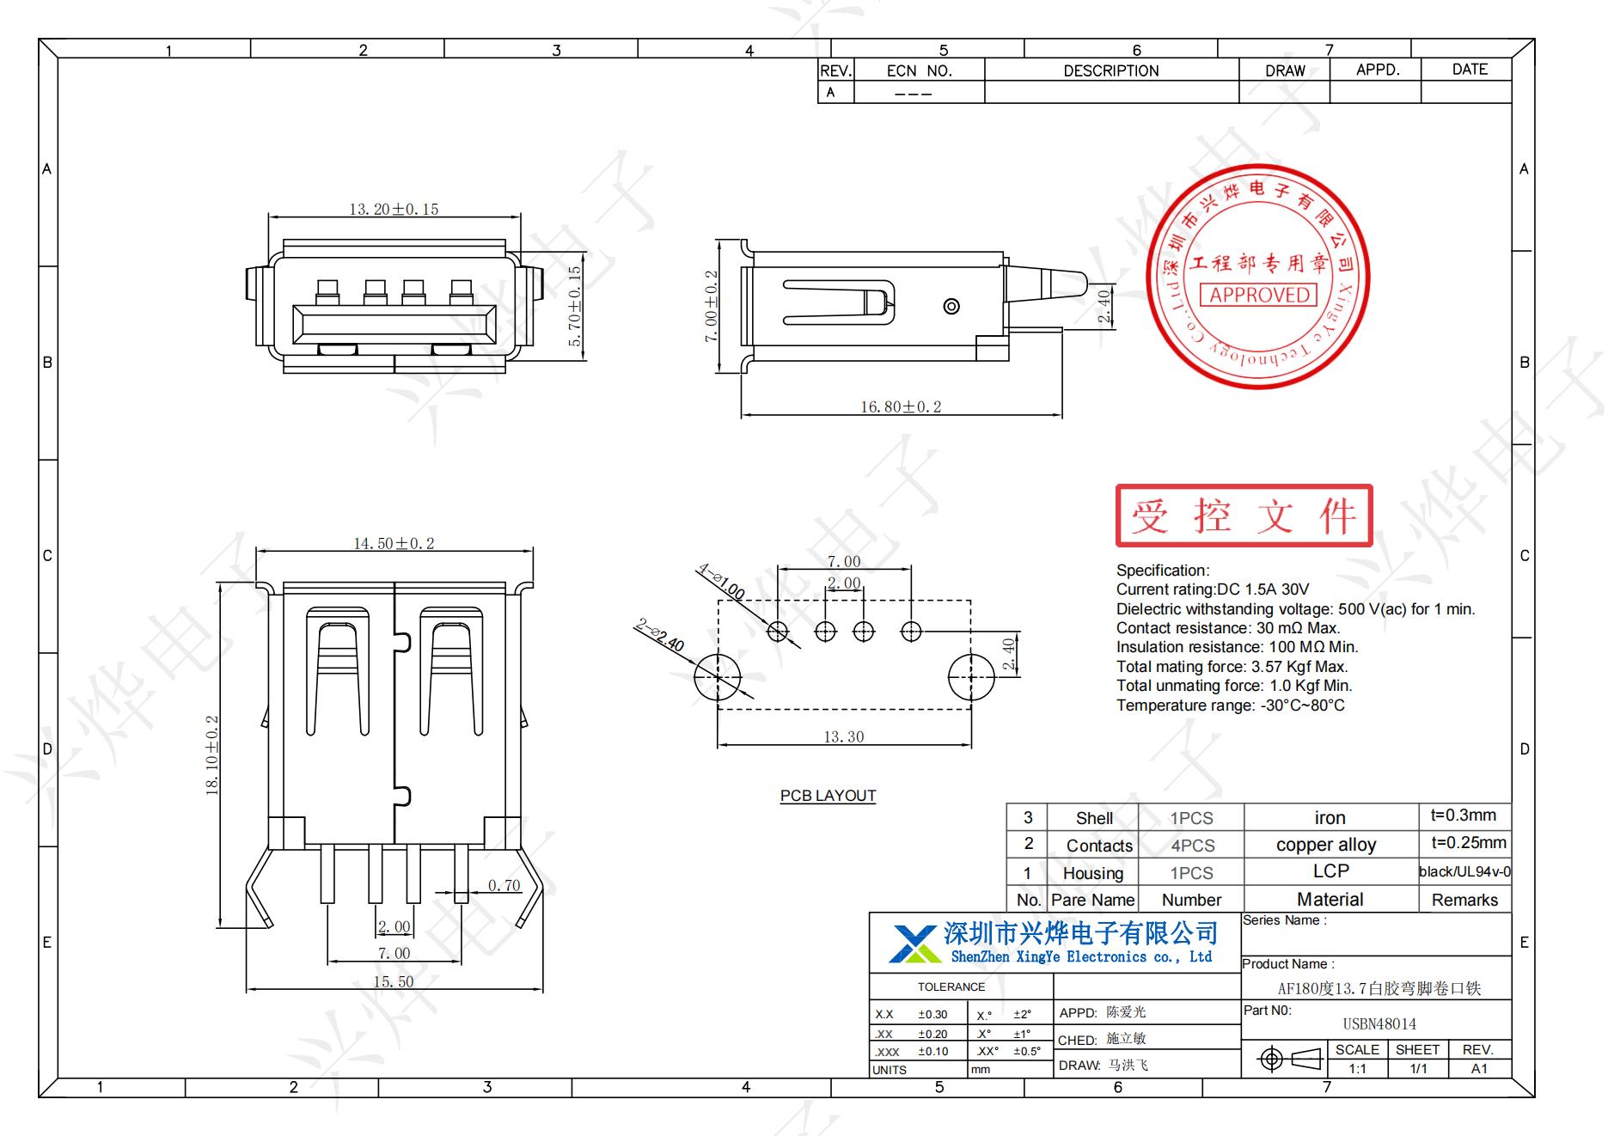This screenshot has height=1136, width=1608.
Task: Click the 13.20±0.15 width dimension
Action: [394, 209]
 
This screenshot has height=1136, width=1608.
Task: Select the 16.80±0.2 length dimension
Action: [901, 406]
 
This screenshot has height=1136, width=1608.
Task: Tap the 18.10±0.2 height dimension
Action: [212, 755]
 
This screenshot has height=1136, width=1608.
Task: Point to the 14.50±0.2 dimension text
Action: [394, 543]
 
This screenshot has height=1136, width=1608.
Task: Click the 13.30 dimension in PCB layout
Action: [843, 736]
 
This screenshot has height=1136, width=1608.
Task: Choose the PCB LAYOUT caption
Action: [828, 796]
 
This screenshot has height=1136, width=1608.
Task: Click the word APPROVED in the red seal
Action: [1259, 295]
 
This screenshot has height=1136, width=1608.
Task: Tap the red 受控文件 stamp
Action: [1244, 516]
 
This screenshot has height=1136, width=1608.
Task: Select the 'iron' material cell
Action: [1330, 818]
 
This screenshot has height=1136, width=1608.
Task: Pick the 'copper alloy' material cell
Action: [1326, 845]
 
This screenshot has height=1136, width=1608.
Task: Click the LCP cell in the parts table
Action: [1330, 871]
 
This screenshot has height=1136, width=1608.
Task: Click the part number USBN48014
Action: [1379, 1023]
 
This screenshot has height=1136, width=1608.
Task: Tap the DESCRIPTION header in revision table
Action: [1110, 70]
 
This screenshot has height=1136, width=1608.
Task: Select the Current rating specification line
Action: [1212, 589]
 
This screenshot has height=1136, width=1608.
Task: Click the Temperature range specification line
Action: [1230, 705]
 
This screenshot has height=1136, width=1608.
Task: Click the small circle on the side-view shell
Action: [951, 307]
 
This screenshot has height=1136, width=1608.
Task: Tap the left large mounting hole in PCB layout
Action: [718, 676]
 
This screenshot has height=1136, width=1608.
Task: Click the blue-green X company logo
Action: [914, 944]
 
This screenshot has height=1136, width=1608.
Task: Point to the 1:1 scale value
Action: [1357, 1069]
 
